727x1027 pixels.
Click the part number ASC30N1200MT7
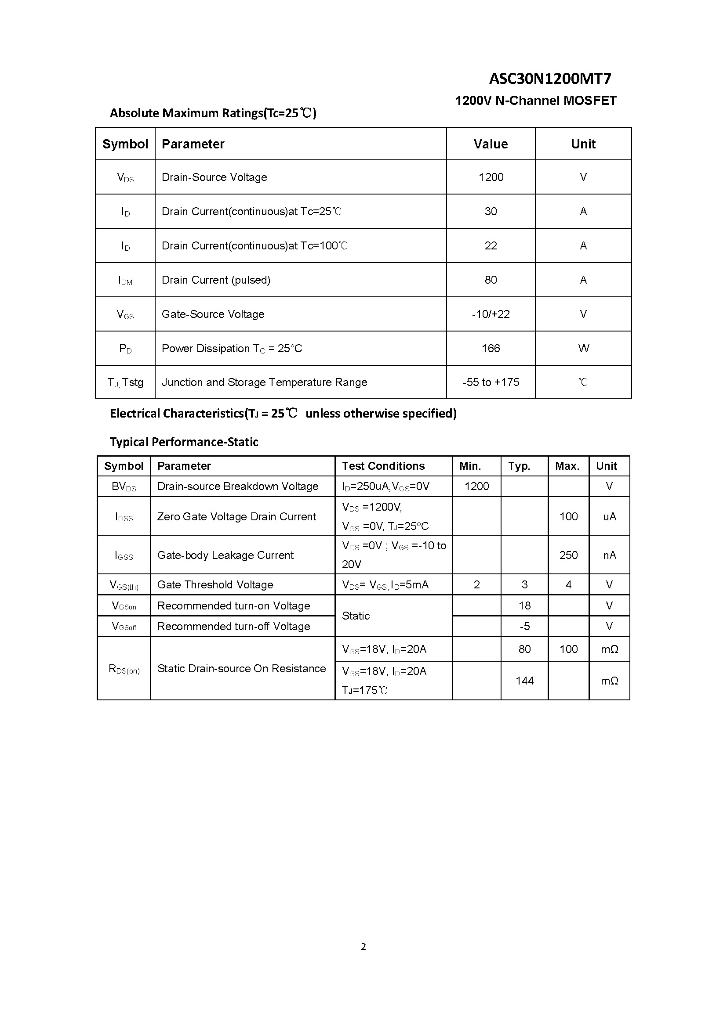point(550,79)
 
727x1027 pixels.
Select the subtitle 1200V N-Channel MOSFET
point(535,101)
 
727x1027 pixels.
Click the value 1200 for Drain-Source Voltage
point(491,177)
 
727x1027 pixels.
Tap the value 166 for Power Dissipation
point(491,349)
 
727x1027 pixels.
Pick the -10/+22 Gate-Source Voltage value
point(491,314)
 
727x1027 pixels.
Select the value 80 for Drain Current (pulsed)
point(491,280)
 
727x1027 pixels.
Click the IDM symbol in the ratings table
point(125,281)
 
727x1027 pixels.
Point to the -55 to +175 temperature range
point(491,382)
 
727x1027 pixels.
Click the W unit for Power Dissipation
point(583,349)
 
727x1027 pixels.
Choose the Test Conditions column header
point(383,466)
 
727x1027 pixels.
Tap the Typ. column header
point(519,466)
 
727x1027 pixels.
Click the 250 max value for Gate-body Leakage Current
point(568,555)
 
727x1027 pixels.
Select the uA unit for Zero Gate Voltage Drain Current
point(609,517)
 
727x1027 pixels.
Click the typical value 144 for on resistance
point(524,681)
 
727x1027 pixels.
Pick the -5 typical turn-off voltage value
point(524,626)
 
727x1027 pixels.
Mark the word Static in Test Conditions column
point(356,616)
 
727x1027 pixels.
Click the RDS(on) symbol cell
point(124,669)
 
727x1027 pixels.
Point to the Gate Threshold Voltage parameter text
point(215,584)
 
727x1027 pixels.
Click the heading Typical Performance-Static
point(184,442)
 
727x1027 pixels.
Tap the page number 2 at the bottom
point(363,947)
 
